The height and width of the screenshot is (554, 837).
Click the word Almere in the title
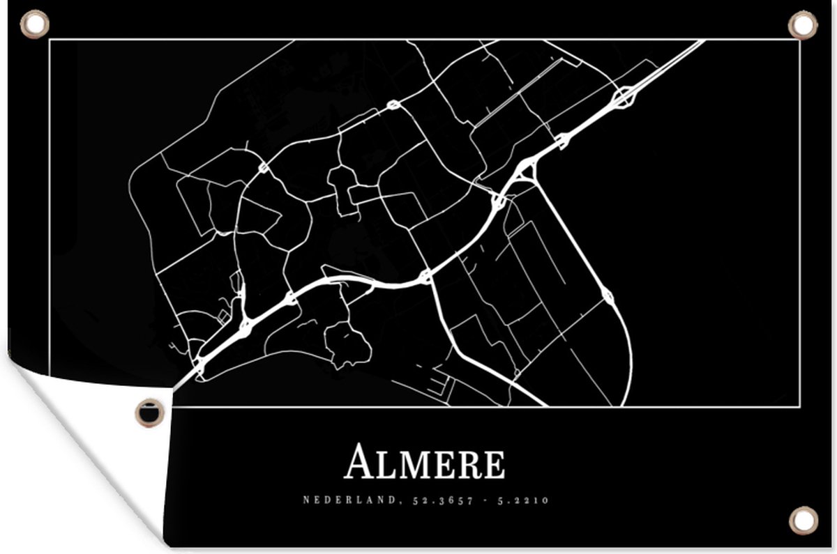click(x=425, y=463)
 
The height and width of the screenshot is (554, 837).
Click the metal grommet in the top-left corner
click(x=34, y=24)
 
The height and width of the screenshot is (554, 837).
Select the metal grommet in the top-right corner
click(x=802, y=24)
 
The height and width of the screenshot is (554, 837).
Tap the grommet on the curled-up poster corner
click(x=150, y=412)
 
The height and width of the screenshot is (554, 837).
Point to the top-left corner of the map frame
click(x=50, y=40)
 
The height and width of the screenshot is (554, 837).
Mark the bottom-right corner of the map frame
click(x=798, y=406)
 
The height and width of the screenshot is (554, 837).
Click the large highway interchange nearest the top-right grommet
click(x=624, y=98)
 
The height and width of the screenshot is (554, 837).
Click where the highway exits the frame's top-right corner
click(x=701, y=42)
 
